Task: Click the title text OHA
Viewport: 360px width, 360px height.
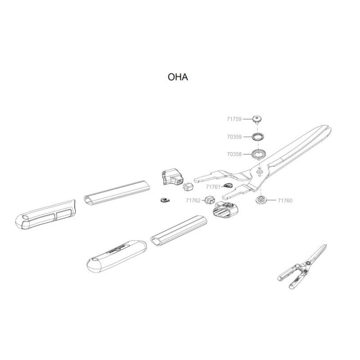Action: coord(177,77)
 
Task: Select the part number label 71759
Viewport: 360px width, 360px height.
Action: coord(234,119)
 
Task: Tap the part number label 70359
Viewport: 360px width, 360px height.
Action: coord(234,136)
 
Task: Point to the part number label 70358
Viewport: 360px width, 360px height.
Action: coord(234,154)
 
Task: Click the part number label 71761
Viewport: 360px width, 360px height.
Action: coord(213,186)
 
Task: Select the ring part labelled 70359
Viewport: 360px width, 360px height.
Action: coord(258,136)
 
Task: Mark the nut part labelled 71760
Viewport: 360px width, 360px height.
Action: coord(260,200)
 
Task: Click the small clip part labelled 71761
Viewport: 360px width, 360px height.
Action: coord(229,184)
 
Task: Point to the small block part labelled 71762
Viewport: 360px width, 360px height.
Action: coord(210,199)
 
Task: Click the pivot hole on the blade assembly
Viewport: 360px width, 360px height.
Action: coord(259,171)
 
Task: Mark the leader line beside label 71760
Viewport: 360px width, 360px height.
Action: coord(272,201)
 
